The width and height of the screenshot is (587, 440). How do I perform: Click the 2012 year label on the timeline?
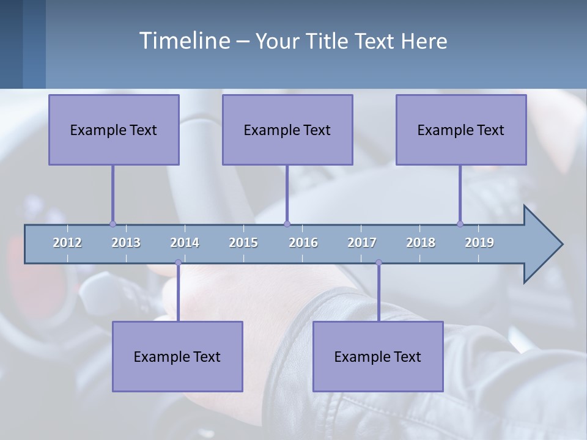[x=67, y=243]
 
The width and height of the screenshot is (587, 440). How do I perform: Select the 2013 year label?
[x=126, y=243]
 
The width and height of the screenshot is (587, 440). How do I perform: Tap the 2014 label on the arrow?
[x=185, y=243]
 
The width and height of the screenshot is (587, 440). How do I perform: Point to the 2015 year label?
[x=243, y=243]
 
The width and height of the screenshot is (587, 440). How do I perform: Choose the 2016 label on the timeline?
[x=303, y=243]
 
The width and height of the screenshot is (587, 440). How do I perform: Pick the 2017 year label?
[x=362, y=243]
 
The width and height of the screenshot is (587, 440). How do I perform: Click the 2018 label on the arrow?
[x=421, y=243]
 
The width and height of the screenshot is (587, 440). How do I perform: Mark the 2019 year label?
[x=479, y=243]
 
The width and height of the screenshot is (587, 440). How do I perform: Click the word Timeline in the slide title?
[x=184, y=41]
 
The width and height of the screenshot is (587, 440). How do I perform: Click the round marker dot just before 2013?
[x=113, y=224]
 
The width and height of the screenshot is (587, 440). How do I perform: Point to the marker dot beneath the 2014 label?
[x=178, y=263]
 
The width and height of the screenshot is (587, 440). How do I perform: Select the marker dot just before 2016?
[x=287, y=224]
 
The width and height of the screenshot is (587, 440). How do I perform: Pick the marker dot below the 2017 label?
[x=378, y=263]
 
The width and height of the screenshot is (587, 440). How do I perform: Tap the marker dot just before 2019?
[x=460, y=224]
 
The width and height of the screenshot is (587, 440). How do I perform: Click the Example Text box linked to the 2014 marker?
[x=177, y=356]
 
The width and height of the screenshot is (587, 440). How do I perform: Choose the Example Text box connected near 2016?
[x=287, y=130]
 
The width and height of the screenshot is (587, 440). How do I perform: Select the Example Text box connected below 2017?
[x=378, y=356]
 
